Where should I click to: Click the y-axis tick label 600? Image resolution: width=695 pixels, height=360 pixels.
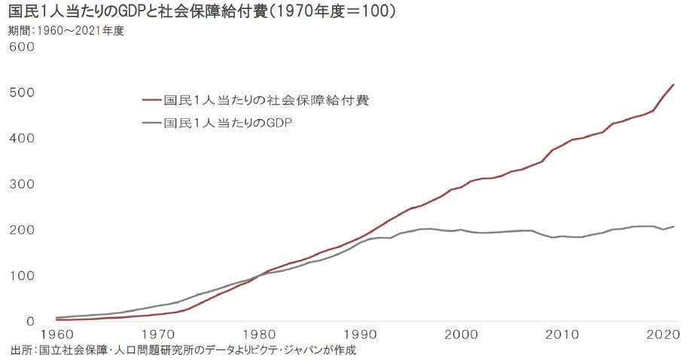coord(22,47)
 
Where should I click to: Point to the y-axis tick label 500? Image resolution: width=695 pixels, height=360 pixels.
coord(22,93)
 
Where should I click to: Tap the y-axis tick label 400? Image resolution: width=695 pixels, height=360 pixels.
coord(22,139)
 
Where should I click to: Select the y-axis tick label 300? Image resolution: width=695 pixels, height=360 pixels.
coord(22,185)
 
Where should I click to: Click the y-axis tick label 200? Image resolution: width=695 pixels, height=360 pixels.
coord(22,230)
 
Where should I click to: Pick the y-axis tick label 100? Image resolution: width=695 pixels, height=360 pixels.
coord(22,276)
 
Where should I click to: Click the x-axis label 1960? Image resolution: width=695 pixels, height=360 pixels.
coord(58,334)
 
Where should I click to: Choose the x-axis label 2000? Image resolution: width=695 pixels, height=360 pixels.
coord(463,334)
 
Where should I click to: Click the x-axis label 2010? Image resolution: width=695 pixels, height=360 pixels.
coord(564,334)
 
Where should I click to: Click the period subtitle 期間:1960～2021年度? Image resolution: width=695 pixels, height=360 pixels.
coord(66,31)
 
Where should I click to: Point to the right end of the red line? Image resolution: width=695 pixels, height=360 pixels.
coord(673,85)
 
